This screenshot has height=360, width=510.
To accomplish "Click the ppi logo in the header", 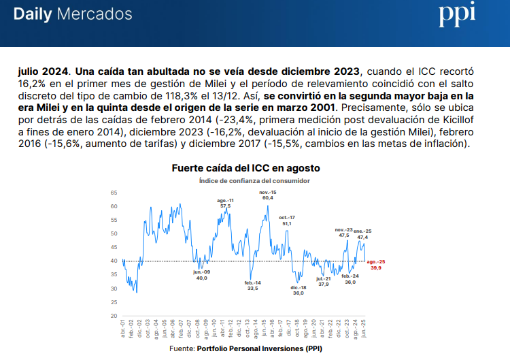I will click(456, 14).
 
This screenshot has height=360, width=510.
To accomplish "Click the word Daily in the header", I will click(33, 14).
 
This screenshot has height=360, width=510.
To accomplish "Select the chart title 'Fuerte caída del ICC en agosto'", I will click(245, 167).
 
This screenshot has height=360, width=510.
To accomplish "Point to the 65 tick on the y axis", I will click(114, 193).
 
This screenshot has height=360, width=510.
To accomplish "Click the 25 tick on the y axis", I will click(114, 302).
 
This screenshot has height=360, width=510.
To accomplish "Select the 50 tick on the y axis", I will click(114, 233).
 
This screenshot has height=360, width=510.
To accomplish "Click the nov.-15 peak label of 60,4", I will click(268, 195).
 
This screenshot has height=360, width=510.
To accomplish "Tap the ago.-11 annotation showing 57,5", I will click(225, 203).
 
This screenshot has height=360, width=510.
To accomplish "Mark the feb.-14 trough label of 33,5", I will click(252, 285).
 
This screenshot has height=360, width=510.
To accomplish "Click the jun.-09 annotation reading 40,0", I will click(202, 275).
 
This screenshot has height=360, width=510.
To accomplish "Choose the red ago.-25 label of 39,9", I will click(377, 265).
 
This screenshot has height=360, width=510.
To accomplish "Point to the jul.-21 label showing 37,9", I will click(324, 281).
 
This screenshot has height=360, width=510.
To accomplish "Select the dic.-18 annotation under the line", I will click(299, 290).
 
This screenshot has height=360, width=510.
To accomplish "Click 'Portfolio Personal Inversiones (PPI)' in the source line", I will click(259, 348).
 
